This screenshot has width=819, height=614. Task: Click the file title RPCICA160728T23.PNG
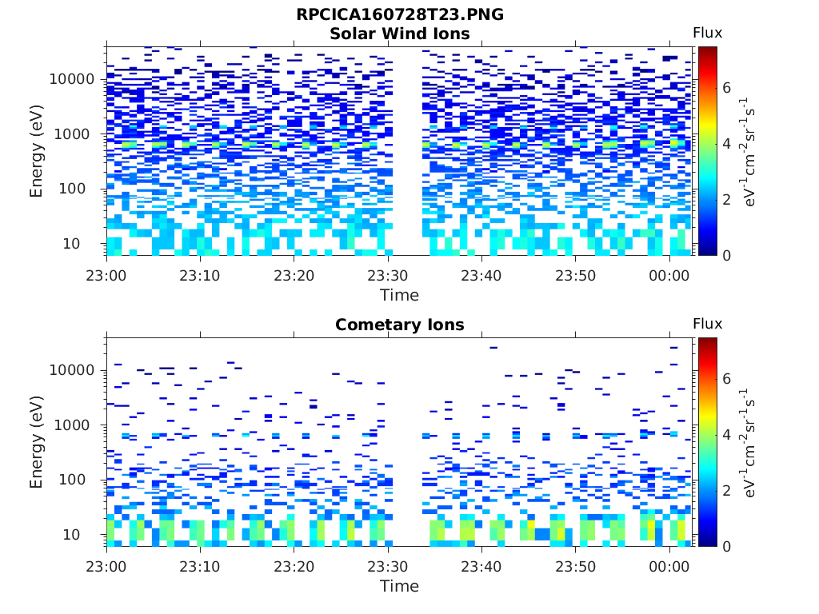pyautogui.click(x=400, y=15)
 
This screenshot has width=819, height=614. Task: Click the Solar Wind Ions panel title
pyautogui.click(x=400, y=34)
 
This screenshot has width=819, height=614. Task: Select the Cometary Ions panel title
pyautogui.click(x=400, y=325)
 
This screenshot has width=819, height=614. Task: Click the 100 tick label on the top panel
pyautogui.click(x=82, y=189)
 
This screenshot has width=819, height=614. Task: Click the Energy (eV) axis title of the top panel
pyautogui.click(x=37, y=151)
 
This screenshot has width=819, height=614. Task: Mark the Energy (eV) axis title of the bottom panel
pyautogui.click(x=37, y=442)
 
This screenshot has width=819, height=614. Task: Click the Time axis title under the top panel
pyautogui.click(x=400, y=295)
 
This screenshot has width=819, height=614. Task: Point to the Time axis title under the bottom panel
pyautogui.click(x=400, y=586)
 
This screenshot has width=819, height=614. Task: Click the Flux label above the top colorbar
pyautogui.click(x=707, y=33)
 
